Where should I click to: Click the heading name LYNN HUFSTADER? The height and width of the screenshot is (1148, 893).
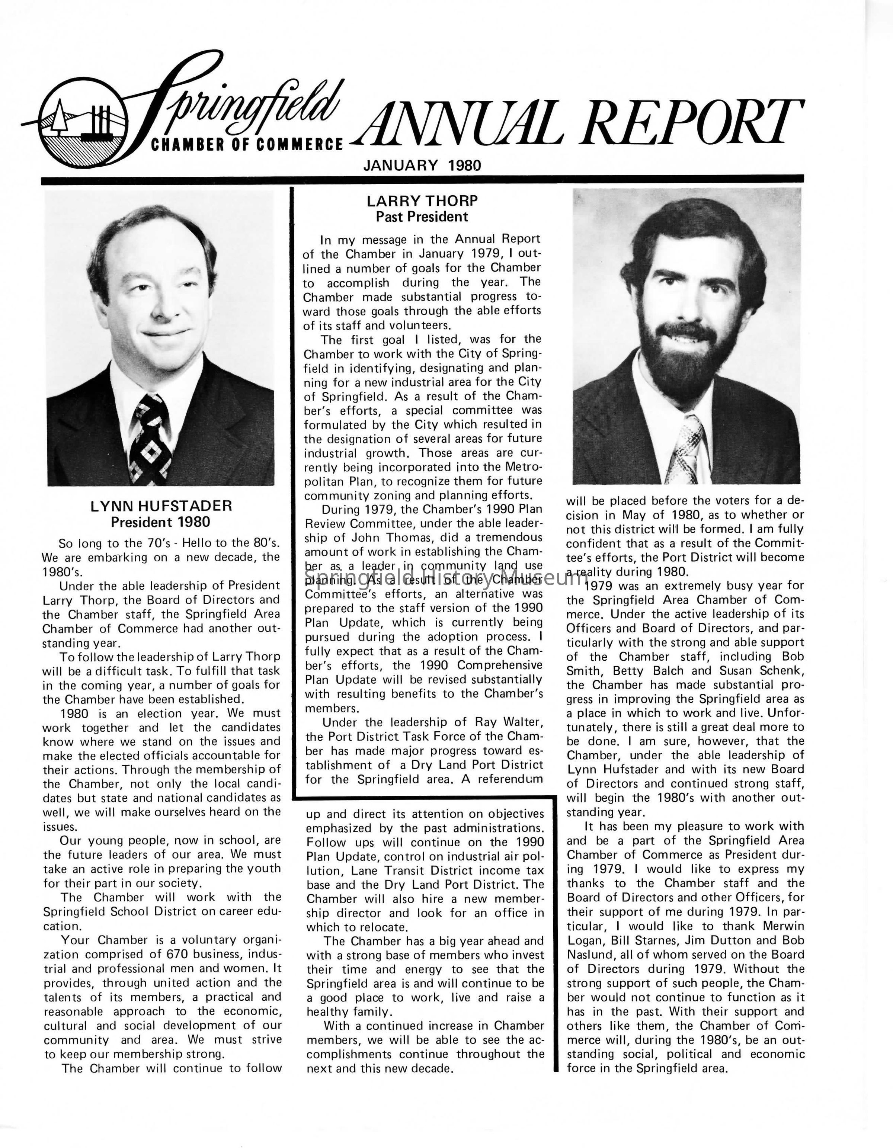point(161,506)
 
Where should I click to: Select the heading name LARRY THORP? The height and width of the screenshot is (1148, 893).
point(422,201)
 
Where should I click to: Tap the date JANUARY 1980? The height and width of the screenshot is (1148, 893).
point(422,166)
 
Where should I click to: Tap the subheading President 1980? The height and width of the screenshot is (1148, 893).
point(160,522)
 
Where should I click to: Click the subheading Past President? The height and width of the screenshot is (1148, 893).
point(422,217)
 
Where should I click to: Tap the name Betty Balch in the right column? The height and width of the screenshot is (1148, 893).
point(646,671)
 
